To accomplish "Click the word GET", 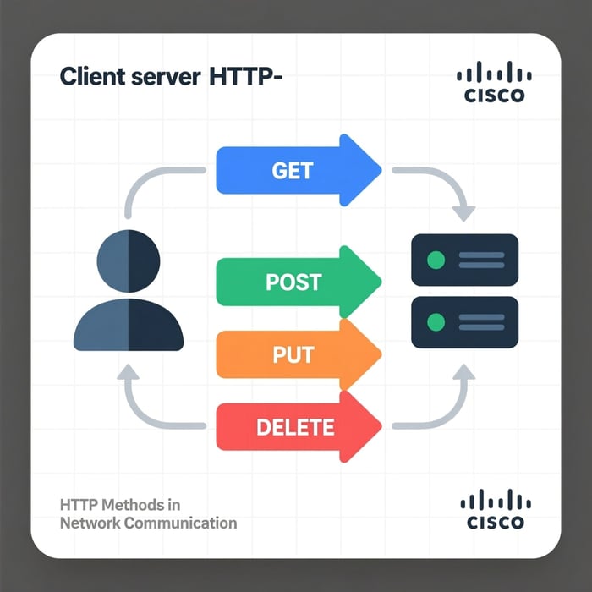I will click(293, 170).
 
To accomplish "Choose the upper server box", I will click(464, 260).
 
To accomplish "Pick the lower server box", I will click(464, 322).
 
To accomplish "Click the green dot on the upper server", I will click(436, 260).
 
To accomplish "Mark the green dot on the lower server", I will click(436, 322).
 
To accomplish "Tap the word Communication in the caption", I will click(180, 523).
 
